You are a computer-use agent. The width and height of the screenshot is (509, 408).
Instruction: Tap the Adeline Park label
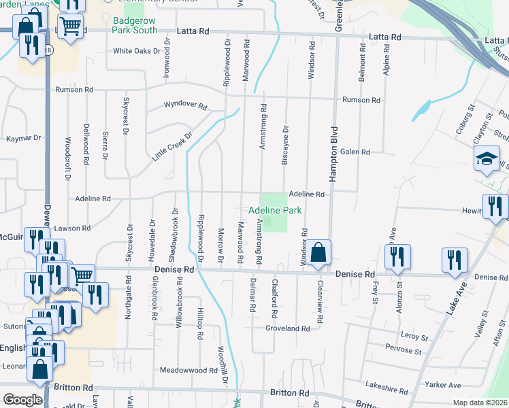[x=275, y=211]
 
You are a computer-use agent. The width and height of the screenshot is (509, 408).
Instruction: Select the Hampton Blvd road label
[x=334, y=153]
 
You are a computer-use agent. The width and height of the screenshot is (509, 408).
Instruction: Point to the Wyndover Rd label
[x=185, y=105]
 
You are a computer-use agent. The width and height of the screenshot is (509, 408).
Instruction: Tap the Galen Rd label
[x=355, y=152]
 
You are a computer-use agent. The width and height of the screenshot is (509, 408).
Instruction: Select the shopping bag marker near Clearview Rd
[x=318, y=253]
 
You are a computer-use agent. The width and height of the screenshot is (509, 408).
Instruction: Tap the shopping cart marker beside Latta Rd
[x=70, y=27]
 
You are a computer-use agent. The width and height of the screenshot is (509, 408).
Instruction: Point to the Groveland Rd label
[x=288, y=328]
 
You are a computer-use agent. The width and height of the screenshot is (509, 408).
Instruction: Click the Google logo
[x=22, y=400]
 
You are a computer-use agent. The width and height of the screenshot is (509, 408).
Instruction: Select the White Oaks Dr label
[x=136, y=50]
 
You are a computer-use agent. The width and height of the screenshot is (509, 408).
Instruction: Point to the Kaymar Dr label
[x=23, y=138]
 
